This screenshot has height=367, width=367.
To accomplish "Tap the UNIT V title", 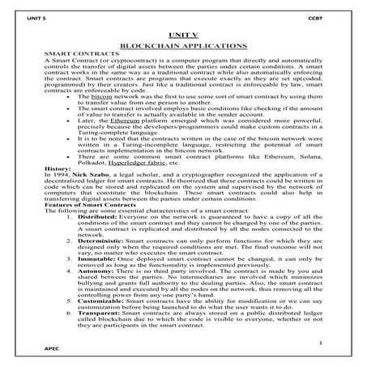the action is (184, 37).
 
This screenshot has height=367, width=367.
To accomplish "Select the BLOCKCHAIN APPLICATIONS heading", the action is (183, 48).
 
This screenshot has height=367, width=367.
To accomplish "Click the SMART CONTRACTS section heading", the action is (76, 56).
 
